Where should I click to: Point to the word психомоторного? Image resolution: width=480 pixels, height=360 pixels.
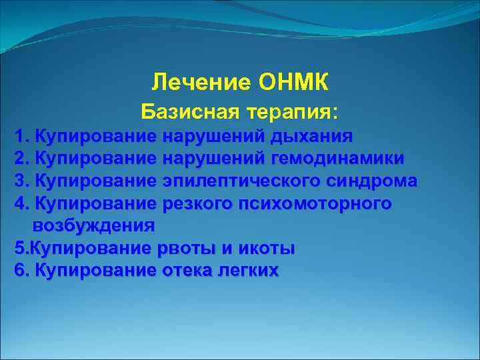pyautogui.click(x=315, y=203)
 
